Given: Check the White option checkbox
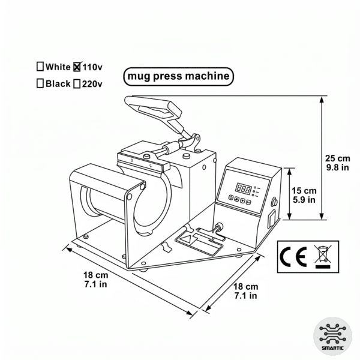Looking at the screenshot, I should (40, 67).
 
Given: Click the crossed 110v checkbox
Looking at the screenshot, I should (77, 67).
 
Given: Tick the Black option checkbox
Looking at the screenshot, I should (40, 84).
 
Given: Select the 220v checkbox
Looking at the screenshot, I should (77, 84).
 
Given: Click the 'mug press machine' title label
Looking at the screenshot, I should (177, 77).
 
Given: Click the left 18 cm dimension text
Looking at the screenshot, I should (95, 280).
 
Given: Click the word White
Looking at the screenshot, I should (58, 67).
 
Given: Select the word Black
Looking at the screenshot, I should (58, 84).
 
